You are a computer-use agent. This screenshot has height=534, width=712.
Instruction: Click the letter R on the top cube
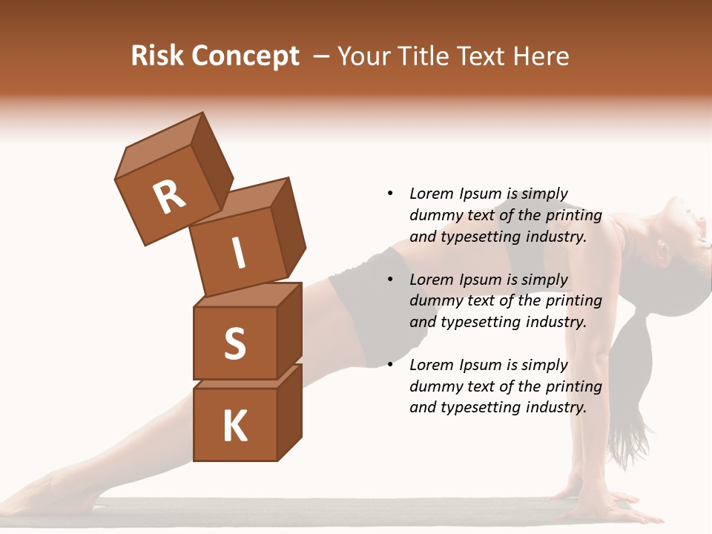169,197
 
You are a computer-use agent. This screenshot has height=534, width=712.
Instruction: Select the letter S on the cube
234,343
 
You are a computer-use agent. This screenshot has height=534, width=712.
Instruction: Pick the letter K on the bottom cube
234,426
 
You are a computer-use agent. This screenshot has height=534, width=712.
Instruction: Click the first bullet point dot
390,194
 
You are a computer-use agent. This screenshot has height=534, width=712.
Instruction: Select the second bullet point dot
390,280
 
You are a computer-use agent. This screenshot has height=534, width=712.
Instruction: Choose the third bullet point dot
390,365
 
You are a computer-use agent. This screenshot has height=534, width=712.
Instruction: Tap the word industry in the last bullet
556,407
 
